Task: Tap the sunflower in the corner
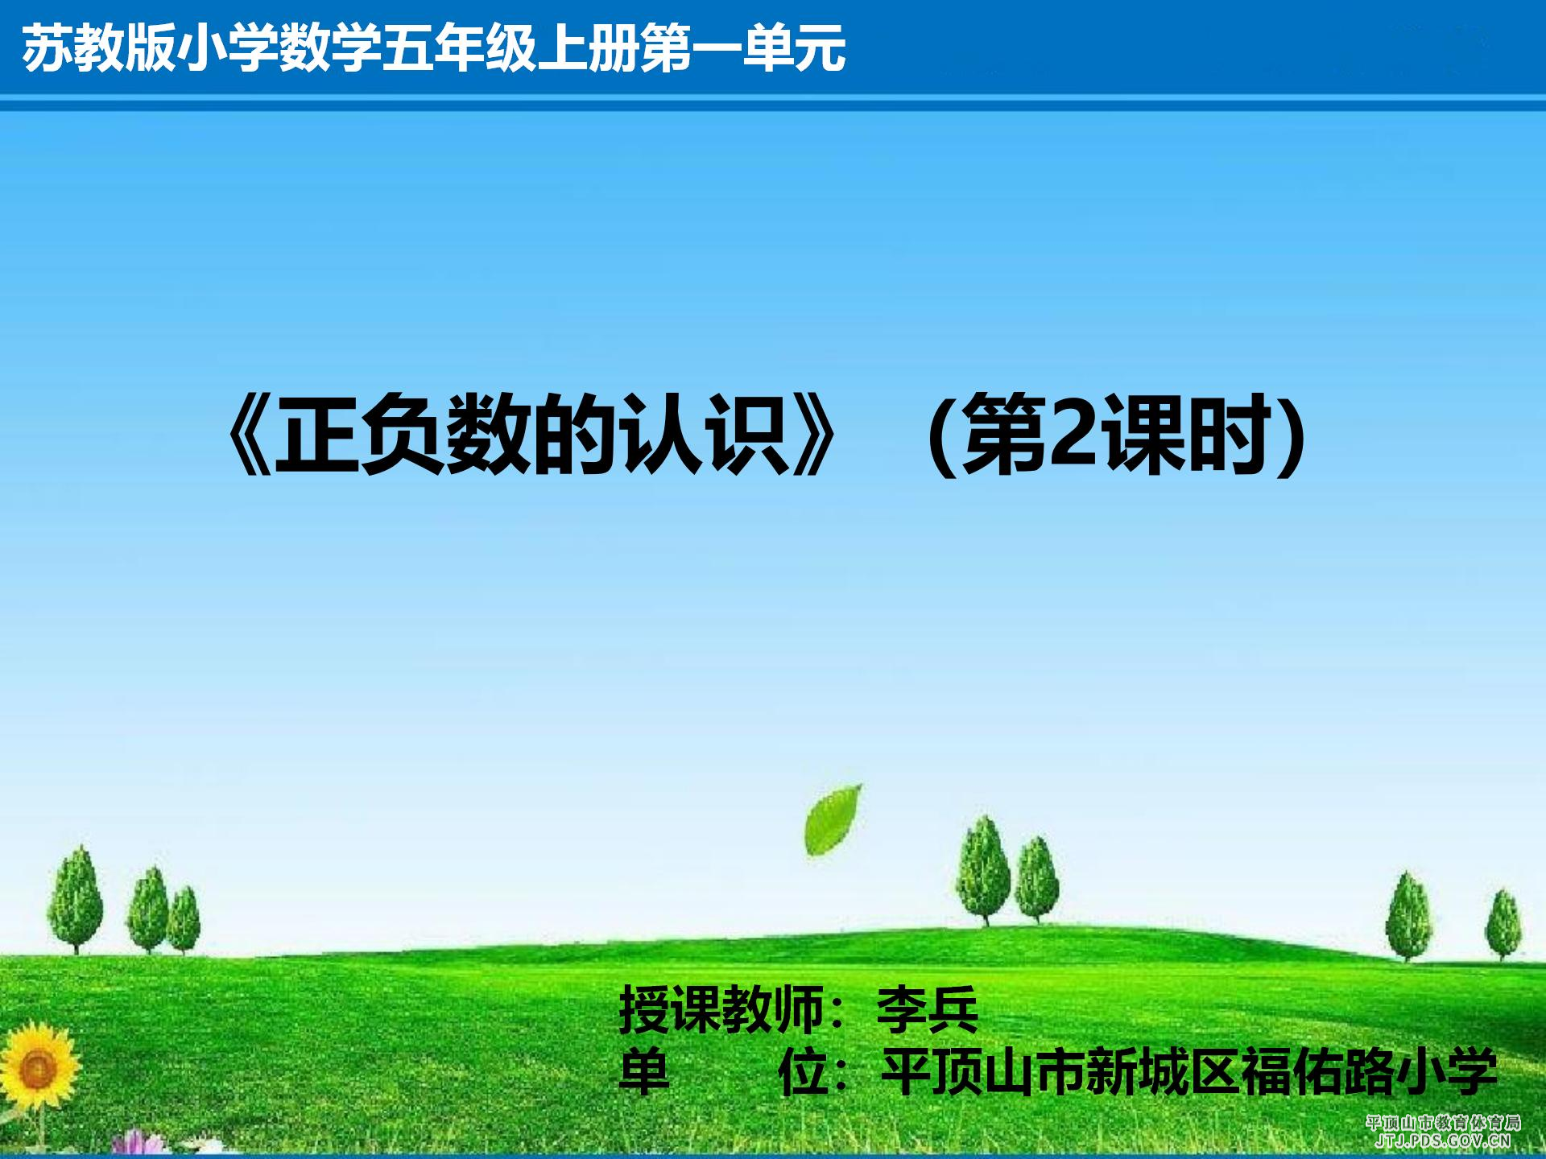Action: [x=36, y=1069]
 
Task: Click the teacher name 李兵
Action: [x=927, y=1010]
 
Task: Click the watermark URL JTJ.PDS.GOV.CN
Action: [x=1442, y=1140]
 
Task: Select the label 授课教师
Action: [x=721, y=1010]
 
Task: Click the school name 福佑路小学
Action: [x=1369, y=1072]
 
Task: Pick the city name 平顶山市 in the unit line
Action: [x=983, y=1072]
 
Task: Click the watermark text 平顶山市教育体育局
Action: [x=1443, y=1123]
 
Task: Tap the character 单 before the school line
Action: [x=643, y=1072]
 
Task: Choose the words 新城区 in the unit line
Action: [x=1164, y=1072]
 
